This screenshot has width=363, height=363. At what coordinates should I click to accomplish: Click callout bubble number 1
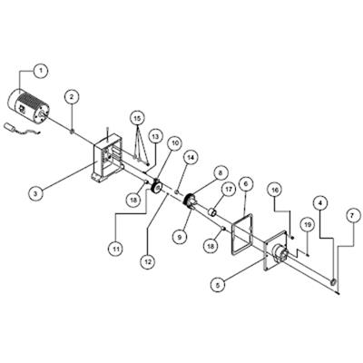coord(42,71)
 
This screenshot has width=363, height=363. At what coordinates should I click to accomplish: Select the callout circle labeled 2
coord(72,97)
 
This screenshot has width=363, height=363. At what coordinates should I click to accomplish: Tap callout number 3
coord(36,193)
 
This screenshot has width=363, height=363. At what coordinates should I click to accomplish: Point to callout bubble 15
coord(137,118)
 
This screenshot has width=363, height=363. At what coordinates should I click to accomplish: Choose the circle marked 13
coord(155,137)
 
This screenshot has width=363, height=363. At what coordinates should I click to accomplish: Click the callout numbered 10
coord(175,142)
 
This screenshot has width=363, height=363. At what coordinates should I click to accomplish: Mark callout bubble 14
coord(191,157)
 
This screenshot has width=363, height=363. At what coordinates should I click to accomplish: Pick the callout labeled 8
coord(220,173)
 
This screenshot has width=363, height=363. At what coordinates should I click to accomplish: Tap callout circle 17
coord(229,190)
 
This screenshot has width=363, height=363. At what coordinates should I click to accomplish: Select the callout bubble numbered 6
coord(245,184)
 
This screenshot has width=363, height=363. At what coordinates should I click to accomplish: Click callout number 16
coord(275,190)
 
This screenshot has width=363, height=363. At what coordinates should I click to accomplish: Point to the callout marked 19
coord(308,224)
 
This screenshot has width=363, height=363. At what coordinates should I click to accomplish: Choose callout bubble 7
coord(351,216)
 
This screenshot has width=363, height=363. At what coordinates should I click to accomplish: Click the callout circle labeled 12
coord(149,260)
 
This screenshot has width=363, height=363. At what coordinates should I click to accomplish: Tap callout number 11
coord(115,249)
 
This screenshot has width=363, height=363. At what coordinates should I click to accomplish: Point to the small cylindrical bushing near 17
coord(211,212)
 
